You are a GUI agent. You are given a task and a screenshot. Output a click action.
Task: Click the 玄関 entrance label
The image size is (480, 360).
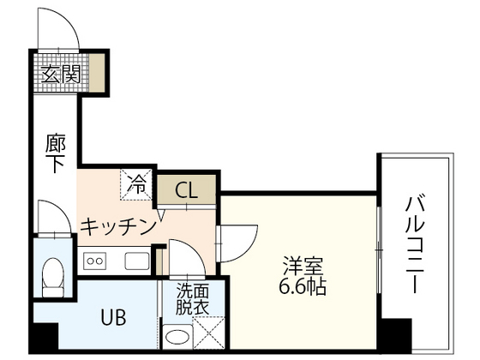tap(59, 74)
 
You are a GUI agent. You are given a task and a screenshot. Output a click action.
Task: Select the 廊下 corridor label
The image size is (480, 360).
tap(55, 153)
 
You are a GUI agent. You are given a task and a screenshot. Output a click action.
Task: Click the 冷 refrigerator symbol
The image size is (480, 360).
tap(138, 182)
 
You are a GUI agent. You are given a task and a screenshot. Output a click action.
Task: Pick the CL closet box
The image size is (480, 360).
tap(186, 190)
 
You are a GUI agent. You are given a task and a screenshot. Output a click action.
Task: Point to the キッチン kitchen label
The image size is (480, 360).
tap(117, 226)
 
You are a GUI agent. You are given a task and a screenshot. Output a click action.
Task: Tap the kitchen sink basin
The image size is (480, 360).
tap(136, 261)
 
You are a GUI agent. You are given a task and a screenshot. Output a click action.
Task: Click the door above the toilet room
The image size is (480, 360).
tap(52, 218)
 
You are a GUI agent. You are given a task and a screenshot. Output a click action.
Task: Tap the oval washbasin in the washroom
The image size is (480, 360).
tap(177, 337)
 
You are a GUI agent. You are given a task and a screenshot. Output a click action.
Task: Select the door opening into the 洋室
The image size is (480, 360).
tap(237, 241)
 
